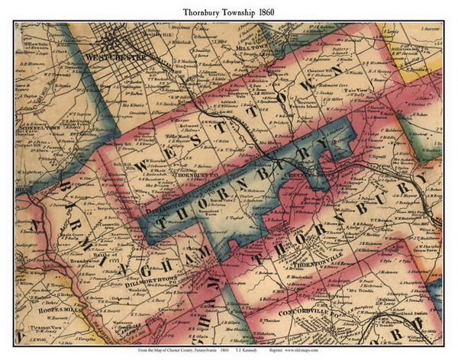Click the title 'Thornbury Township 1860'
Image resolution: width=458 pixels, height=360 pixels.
[x=229, y=11]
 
